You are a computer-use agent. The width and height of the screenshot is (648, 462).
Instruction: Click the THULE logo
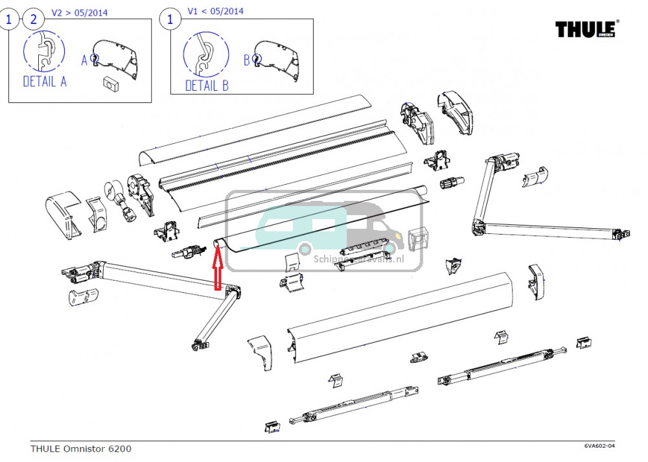tap(587, 29)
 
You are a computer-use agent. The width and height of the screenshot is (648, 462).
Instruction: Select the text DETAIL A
tap(45, 82)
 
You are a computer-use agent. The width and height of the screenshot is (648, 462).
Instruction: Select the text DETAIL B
tap(207, 86)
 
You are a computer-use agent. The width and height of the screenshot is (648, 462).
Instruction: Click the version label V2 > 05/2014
tap(80, 12)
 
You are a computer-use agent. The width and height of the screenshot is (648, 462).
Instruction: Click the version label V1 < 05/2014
tap(216, 12)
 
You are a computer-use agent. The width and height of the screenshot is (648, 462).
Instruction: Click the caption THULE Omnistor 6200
tap(80, 448)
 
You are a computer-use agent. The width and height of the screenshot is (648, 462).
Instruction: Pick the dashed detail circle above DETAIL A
tap(45, 52)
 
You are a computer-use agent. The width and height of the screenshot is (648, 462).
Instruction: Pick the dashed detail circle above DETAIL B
tap(206, 55)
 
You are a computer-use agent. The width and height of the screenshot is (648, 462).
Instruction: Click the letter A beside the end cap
tap(84, 60)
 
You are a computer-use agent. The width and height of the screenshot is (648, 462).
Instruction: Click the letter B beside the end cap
tap(246, 60)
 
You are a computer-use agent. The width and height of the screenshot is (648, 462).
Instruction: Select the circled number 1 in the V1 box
tap(170, 19)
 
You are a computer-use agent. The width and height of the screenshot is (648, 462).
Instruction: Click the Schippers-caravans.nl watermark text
tap(367, 258)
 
